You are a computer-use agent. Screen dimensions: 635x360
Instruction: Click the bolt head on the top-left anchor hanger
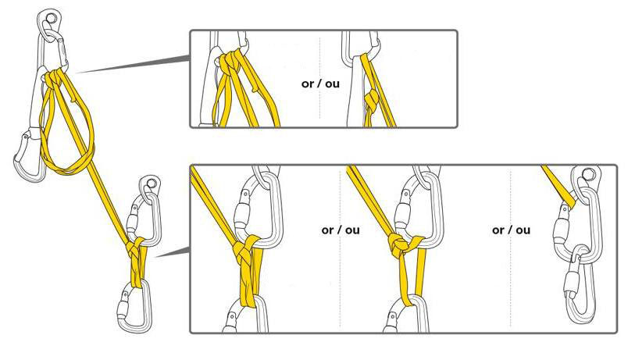(51, 18)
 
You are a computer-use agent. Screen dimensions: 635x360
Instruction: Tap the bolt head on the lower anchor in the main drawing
(151, 184)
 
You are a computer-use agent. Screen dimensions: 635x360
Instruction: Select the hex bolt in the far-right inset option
(587, 174)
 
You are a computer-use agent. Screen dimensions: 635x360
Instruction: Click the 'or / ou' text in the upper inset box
(320, 84)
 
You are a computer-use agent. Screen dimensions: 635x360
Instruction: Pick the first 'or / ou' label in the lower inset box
(341, 230)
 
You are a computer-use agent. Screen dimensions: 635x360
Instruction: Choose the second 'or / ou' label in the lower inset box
(511, 230)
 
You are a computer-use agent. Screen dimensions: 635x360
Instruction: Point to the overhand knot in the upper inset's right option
(371, 98)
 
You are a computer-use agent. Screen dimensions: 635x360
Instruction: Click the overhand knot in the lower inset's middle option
(399, 244)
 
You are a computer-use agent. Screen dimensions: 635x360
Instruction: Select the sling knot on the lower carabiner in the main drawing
(136, 248)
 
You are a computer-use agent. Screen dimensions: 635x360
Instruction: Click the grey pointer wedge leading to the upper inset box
(133, 64)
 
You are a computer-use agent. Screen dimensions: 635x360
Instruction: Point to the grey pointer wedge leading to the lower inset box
(173, 253)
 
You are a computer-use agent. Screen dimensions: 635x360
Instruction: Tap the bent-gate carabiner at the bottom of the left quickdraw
(29, 155)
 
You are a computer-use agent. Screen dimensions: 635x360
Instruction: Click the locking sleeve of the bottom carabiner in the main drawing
(123, 310)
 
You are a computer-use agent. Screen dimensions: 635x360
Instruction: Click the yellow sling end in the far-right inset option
(560, 184)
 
